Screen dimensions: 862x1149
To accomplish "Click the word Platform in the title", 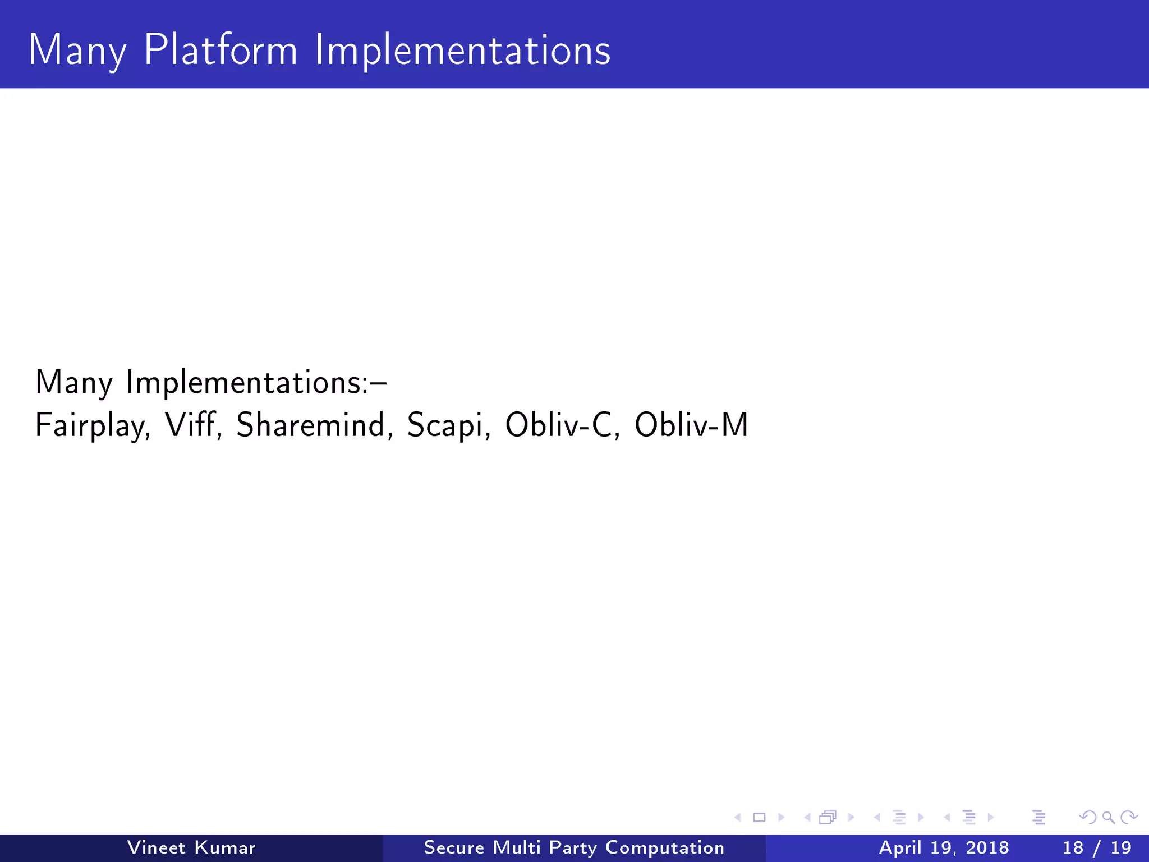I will (220, 50).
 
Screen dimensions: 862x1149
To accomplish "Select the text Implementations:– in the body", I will (256, 383).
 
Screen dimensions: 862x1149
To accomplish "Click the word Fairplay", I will (93, 426).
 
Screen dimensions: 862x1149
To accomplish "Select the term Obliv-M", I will (691, 425).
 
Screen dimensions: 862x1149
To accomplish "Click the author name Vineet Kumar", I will (191, 847).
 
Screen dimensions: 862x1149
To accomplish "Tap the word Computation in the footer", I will (665, 848).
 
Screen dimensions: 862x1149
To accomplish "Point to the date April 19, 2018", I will (944, 847).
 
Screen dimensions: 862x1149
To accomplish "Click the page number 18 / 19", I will (1097, 847).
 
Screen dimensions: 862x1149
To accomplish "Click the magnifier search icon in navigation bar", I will (1108, 818).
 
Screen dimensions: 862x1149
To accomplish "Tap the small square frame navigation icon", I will (759, 818).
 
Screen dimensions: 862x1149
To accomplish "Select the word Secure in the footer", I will (454, 847).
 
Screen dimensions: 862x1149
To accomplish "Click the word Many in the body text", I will (73, 383).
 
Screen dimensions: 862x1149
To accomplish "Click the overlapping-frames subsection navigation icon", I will (828, 818).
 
